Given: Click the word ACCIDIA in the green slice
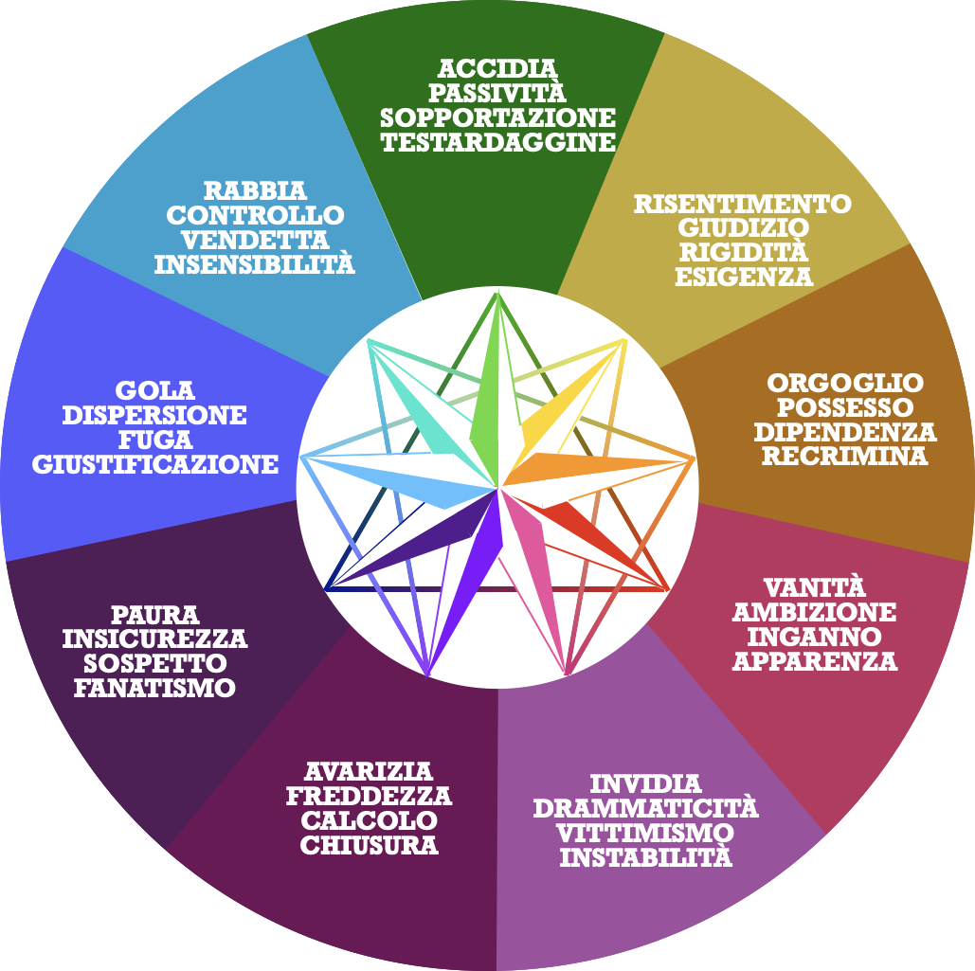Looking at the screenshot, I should [497, 69].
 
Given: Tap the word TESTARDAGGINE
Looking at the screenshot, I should [497, 143].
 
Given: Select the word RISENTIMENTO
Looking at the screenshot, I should [743, 204].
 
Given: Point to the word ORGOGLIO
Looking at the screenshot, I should [845, 384].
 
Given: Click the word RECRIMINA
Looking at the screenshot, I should [845, 457].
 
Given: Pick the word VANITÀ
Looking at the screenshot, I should [814, 587].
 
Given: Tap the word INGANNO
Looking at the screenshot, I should [814, 637].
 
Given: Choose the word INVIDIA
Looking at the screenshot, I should [645, 784].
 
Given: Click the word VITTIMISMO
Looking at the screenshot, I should [645, 834].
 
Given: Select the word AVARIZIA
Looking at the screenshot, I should [369, 771].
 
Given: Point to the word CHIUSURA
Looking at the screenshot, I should [369, 845].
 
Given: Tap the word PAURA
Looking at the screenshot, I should [154, 615].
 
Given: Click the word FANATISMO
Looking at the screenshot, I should [154, 688].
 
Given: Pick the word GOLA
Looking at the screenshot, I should [154, 390].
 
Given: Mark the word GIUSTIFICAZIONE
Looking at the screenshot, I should [154, 464].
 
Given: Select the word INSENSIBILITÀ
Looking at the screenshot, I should [254, 264].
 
